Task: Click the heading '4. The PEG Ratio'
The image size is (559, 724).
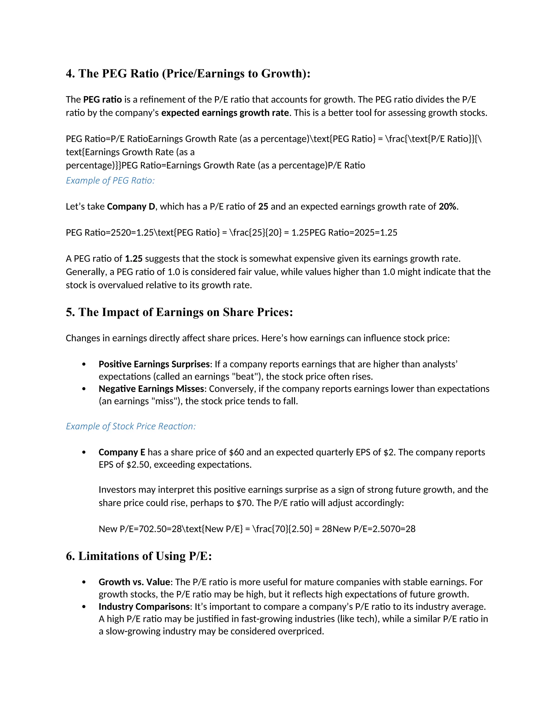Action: pos(188,73)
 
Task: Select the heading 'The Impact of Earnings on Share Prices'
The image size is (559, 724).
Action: pos(185,312)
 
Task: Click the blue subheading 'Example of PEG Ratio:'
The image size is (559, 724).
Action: pos(110,181)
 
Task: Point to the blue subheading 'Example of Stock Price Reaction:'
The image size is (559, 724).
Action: pos(131,426)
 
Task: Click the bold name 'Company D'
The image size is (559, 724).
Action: pos(131,207)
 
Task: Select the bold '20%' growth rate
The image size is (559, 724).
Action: pos(447,207)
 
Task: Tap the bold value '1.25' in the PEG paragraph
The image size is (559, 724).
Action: pos(134,258)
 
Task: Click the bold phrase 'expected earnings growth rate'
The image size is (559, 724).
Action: pos(225,113)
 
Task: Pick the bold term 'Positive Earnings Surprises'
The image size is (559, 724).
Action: pos(154,364)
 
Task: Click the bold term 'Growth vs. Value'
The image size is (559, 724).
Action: pos(134,582)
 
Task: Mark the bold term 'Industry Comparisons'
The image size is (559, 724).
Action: pos(144,607)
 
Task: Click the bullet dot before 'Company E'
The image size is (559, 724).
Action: pos(84,452)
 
